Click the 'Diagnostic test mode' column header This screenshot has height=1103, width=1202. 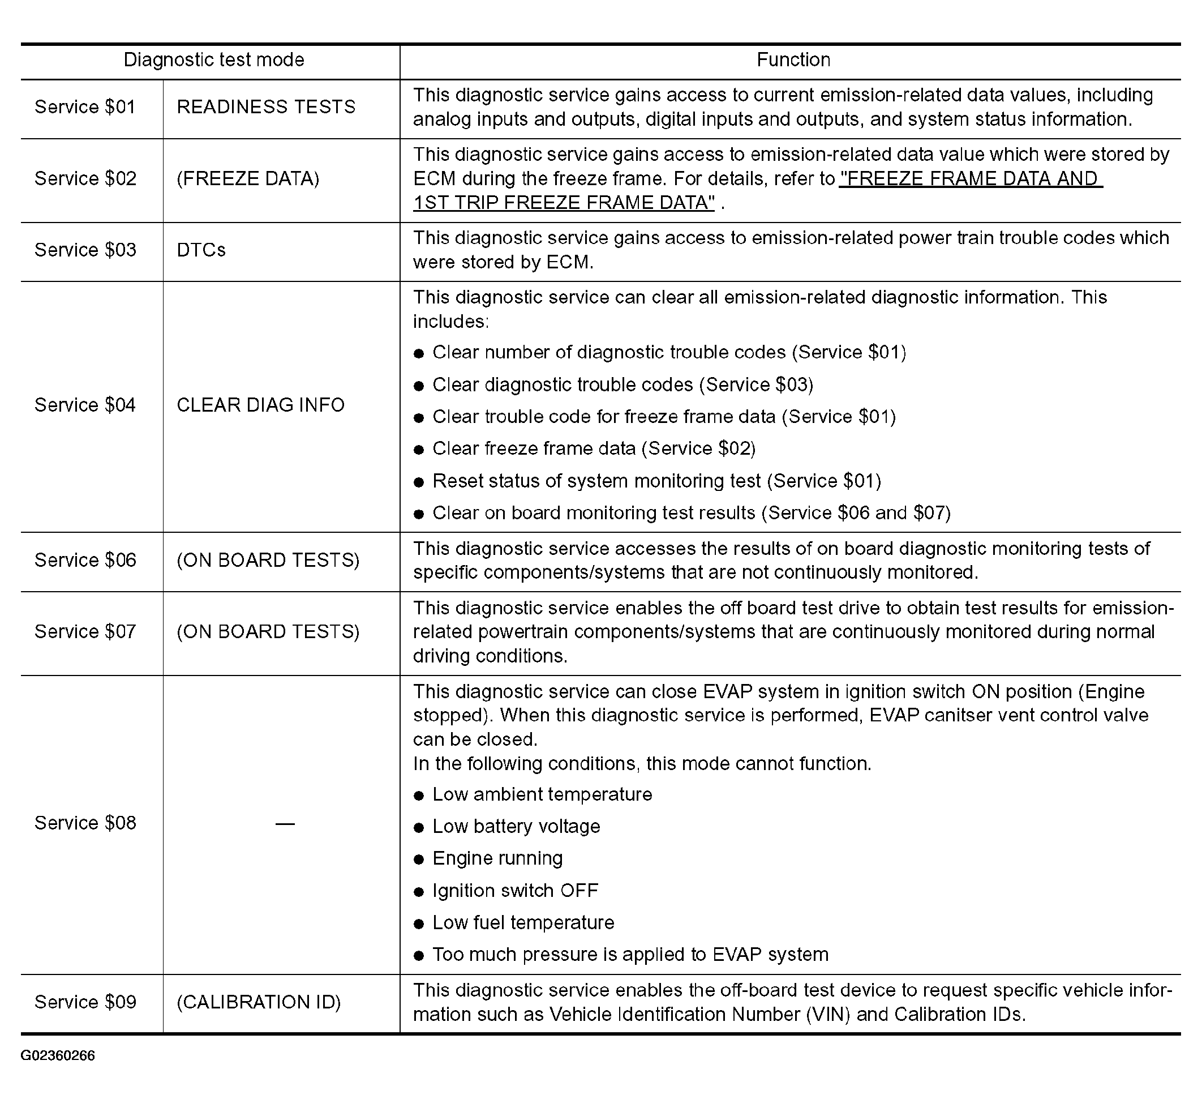[x=213, y=59]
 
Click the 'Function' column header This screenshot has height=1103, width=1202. [x=793, y=59]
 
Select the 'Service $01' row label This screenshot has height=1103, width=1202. [x=85, y=107]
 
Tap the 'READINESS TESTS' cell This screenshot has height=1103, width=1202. [x=266, y=107]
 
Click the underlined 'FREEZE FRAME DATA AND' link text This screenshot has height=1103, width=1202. [x=971, y=178]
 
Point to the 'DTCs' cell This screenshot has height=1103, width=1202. [x=201, y=250]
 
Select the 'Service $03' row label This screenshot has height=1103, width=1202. [x=85, y=250]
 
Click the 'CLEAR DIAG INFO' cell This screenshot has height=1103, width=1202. [x=261, y=405]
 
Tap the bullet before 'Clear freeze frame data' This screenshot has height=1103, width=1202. [x=419, y=450]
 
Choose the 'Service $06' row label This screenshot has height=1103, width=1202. [x=85, y=560]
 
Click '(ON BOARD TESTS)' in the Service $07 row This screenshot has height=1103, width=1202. [x=268, y=631]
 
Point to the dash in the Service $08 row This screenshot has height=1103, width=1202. [x=285, y=824]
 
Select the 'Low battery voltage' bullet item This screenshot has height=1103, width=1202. [x=516, y=826]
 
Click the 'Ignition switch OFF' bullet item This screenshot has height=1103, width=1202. [x=515, y=891]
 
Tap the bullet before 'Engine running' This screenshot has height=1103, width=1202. [x=419, y=860]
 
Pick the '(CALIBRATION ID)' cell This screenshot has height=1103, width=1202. [x=258, y=1002]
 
